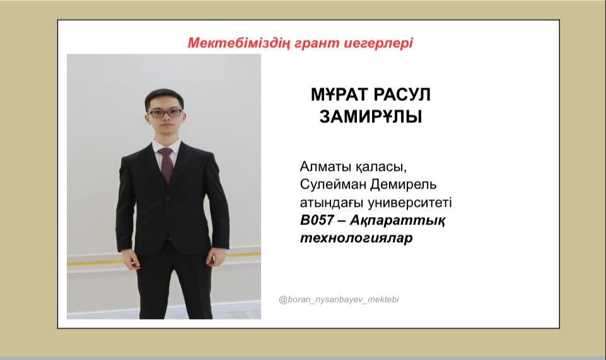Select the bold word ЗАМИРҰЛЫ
click(371, 117)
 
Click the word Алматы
click(325, 167)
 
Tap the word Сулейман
click(333, 185)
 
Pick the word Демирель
click(404, 185)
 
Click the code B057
click(317, 220)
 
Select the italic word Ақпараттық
click(397, 221)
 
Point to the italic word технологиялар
click(356, 238)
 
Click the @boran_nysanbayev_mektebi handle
click(339, 299)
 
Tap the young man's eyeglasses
click(165, 113)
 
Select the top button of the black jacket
click(168, 198)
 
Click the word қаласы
click(381, 168)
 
